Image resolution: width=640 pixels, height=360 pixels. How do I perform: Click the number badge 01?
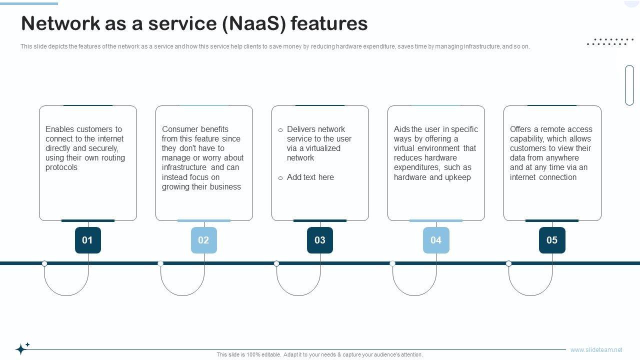coord(87,240)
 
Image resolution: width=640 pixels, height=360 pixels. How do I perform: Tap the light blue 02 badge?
coord(203,240)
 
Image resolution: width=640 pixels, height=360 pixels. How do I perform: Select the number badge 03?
coord(319,240)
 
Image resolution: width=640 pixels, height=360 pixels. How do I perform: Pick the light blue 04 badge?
coord(435,240)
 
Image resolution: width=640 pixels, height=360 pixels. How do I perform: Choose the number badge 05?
coord(552,240)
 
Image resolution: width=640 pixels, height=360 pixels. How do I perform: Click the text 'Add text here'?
coord(310,177)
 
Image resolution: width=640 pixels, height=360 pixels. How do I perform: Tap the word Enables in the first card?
coord(60,129)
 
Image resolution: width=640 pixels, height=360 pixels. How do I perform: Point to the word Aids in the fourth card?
coord(401,129)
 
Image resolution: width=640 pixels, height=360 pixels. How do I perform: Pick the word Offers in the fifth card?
coord(520,129)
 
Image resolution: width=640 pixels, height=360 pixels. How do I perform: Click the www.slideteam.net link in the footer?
coord(596,350)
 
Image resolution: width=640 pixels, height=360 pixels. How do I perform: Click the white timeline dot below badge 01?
coord(44,263)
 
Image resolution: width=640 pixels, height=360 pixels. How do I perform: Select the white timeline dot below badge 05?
coord(508,263)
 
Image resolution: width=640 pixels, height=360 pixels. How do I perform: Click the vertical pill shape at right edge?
coord(629,85)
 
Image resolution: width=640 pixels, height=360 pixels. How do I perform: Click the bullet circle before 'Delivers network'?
coord(280,130)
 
